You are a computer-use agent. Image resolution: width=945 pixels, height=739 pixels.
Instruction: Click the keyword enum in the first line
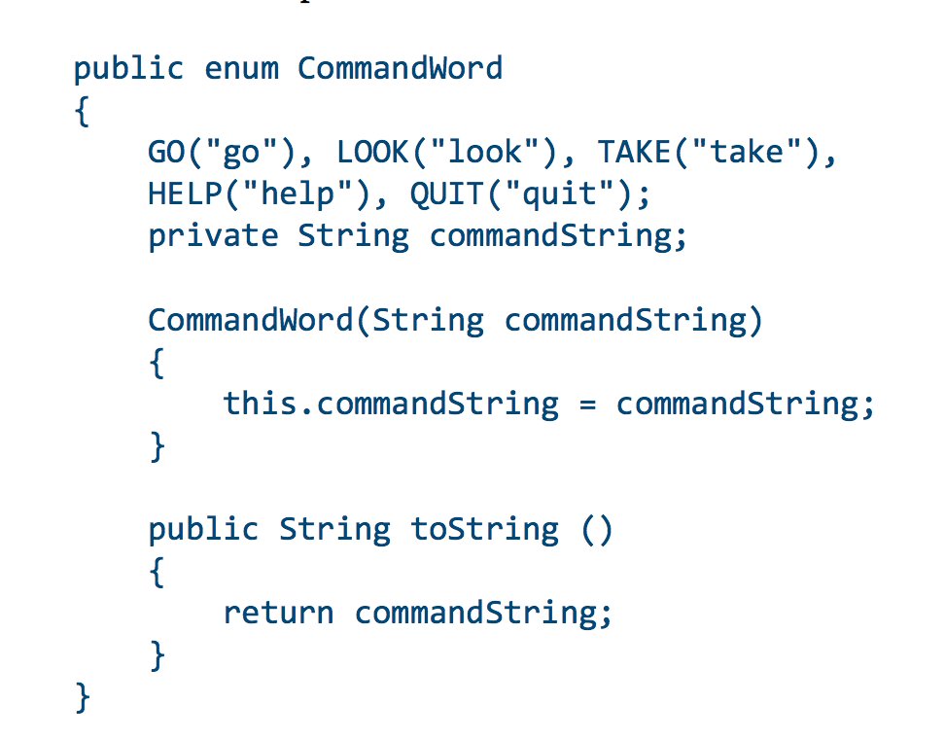point(240,69)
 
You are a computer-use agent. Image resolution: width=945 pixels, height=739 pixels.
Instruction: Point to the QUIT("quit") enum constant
point(529,194)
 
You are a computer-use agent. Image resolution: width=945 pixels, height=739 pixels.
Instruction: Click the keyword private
point(213,236)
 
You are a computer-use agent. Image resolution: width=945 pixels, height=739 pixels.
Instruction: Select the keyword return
point(278,614)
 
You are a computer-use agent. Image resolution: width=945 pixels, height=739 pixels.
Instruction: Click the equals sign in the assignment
point(586,404)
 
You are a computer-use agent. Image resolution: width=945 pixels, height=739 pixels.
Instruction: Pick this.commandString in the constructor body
point(391,404)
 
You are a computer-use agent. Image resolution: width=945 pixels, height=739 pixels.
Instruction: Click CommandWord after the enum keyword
point(400,69)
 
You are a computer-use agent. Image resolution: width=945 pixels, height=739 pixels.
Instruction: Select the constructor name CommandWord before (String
point(251,320)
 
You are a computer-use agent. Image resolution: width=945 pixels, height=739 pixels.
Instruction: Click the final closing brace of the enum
point(83,698)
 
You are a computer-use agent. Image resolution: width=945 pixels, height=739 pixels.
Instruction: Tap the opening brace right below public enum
point(83,112)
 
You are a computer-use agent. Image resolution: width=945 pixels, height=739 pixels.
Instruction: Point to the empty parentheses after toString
point(597,530)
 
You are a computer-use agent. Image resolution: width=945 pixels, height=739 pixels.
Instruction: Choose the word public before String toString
point(203,529)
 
